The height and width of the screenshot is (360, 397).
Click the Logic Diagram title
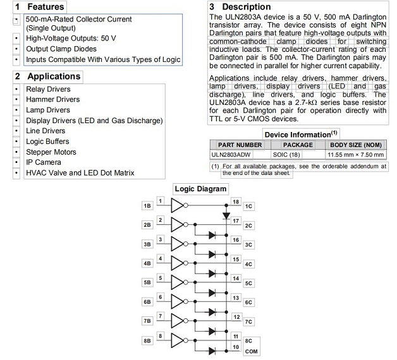coord(200,189)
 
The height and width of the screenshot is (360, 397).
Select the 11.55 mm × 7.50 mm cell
coord(355,154)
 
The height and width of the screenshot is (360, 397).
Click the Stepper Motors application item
coord(51,152)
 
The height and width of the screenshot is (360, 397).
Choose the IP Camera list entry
coord(44,162)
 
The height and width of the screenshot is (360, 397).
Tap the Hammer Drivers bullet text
coord(52,100)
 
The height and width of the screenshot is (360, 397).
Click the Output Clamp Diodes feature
coord(61,49)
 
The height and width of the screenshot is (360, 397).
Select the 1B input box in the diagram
coord(147,206)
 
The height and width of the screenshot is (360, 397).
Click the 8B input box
coord(147,340)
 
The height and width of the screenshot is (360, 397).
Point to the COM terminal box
coord(250,350)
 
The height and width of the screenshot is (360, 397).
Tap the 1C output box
coord(249,206)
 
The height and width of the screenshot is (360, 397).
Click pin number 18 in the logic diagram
coord(236,201)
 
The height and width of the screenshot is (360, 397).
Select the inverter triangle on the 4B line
coord(178,263)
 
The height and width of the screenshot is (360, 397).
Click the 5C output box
coord(249,283)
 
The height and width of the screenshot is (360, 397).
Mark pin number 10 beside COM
coord(236,347)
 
